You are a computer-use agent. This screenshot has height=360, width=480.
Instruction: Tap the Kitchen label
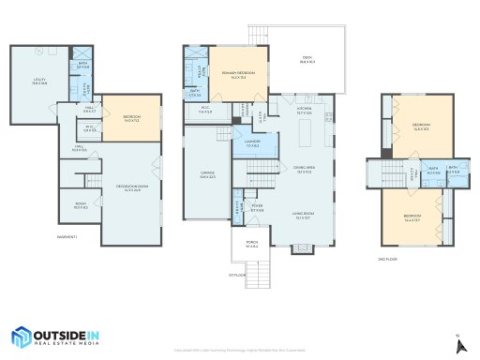304,111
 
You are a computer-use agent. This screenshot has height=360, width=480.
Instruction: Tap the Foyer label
257,207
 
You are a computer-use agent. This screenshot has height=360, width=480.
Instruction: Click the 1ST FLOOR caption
235,275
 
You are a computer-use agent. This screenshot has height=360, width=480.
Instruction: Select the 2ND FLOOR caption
387,257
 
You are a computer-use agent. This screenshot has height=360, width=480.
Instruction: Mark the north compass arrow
459,344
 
